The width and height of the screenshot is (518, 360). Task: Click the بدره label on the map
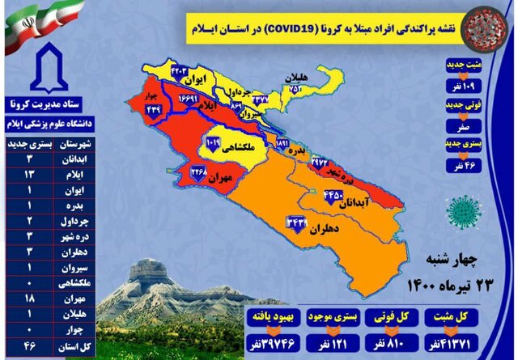click(x=300, y=151)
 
